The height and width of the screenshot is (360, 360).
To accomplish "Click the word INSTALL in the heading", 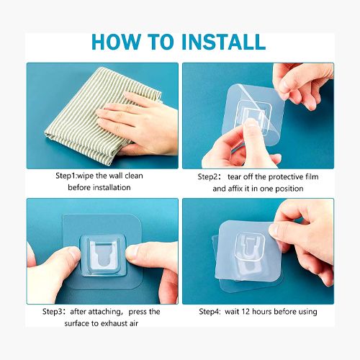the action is click(224, 42).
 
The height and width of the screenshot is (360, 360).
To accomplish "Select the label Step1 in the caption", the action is click(66, 176).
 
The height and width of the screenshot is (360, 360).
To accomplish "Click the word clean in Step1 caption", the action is click(134, 176).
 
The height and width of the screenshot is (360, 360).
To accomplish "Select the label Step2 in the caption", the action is click(208, 177).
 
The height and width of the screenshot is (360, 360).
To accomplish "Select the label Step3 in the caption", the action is click(53, 312).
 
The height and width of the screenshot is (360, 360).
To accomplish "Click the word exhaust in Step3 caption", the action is click(113, 323).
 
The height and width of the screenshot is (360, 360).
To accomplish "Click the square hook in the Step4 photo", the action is click(250, 247).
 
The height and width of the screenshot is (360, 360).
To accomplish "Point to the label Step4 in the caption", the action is click(210, 312).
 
